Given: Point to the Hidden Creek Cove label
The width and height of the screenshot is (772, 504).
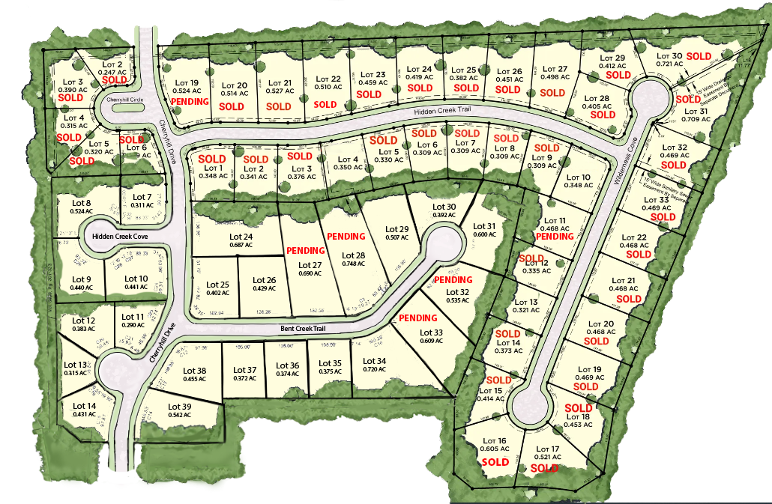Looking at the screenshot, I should click(x=121, y=237).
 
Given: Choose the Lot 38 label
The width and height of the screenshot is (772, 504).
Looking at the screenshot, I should click(x=195, y=370).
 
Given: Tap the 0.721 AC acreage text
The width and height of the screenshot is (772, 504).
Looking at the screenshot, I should click(x=669, y=64).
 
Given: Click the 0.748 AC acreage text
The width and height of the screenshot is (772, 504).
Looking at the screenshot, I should click(x=353, y=264).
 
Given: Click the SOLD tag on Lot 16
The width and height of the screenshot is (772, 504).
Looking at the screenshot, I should click(x=495, y=462).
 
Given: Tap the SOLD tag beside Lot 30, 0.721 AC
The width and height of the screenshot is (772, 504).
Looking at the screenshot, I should click(x=699, y=56).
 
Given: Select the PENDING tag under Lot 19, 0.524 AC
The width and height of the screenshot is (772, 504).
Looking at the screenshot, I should click(x=190, y=102).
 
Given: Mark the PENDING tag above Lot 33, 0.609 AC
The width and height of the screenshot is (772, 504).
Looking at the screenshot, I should click(x=417, y=318).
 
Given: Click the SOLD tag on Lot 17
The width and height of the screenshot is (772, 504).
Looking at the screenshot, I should click(x=544, y=468).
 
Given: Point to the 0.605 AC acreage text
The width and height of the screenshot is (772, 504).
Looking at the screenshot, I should click(x=493, y=449).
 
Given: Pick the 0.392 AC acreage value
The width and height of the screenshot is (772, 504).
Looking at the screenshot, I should click(x=445, y=216).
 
